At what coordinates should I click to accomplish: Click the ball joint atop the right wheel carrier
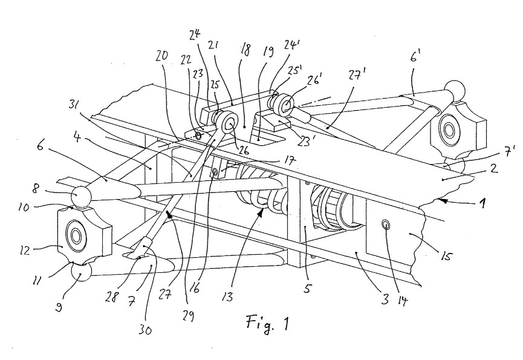[x=454, y=91]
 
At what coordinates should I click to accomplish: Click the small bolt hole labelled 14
[x=386, y=226]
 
